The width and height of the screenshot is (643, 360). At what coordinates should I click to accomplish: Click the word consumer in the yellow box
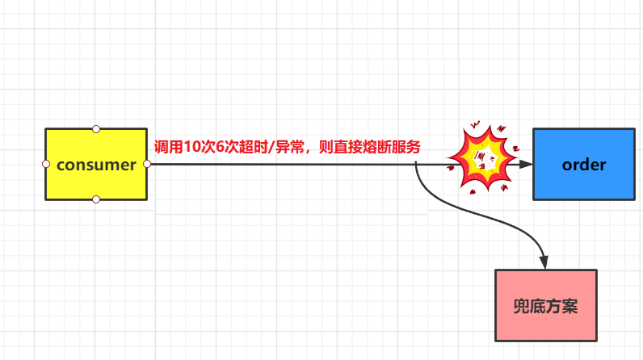pyautogui.click(x=96, y=165)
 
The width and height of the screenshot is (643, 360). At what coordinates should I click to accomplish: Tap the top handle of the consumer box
pyautogui.click(x=96, y=128)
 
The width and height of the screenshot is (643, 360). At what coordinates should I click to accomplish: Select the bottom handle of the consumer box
pyautogui.click(x=96, y=199)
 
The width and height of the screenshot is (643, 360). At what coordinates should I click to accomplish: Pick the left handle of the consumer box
pyautogui.click(x=46, y=164)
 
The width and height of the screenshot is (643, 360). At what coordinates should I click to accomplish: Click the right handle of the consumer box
pyautogui.click(x=147, y=164)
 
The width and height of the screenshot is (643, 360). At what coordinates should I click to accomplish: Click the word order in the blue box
pyautogui.click(x=583, y=165)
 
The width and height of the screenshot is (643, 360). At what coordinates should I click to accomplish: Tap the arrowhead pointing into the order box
pyautogui.click(x=527, y=164)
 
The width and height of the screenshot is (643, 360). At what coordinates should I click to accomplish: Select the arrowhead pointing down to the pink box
pyautogui.click(x=544, y=262)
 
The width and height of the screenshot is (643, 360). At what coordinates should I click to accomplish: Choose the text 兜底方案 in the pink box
pyautogui.click(x=545, y=306)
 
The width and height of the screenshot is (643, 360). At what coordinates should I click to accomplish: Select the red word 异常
pyautogui.click(x=284, y=148)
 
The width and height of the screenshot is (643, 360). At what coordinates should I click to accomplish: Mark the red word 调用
pyautogui.click(x=168, y=148)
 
